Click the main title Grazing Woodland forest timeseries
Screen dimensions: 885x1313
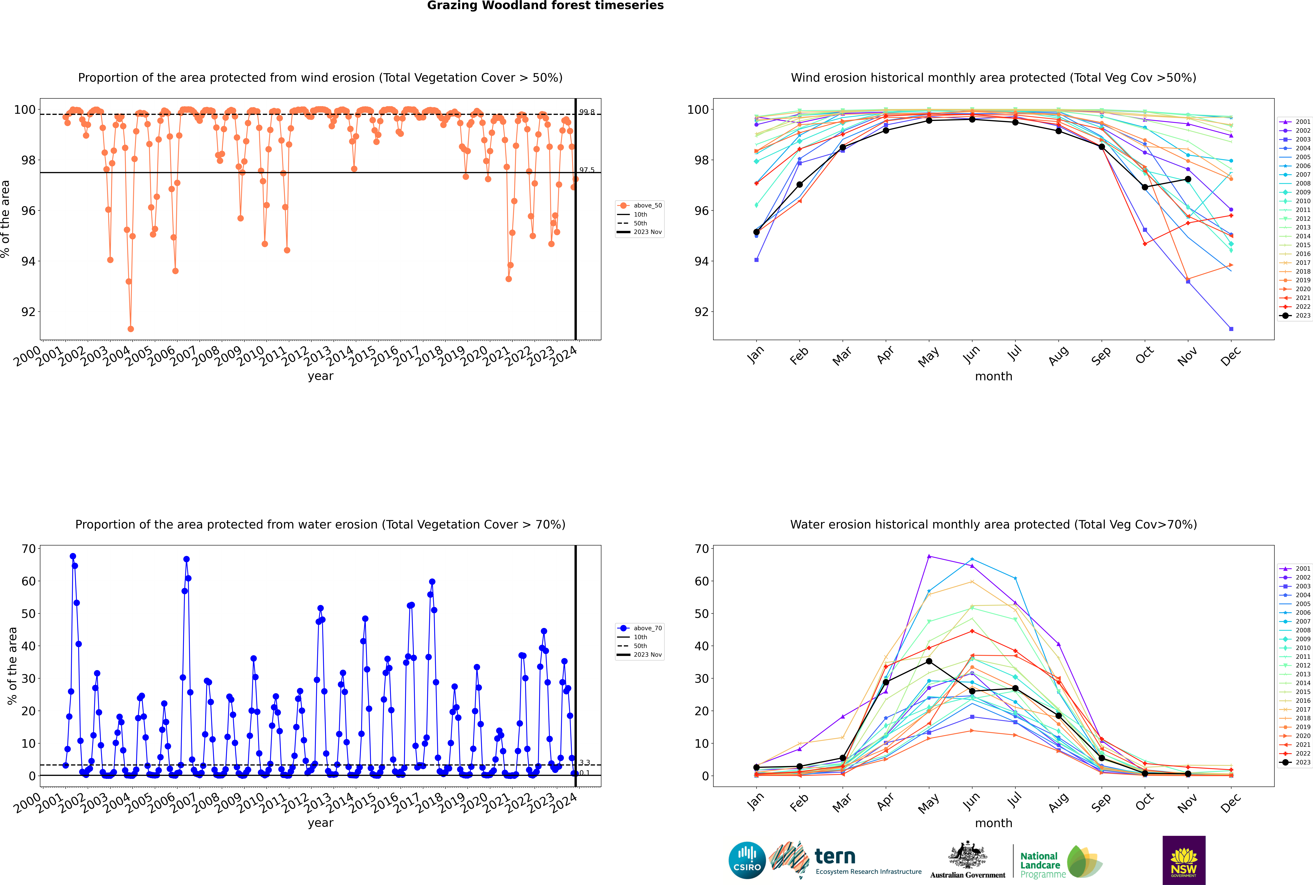point(545,6)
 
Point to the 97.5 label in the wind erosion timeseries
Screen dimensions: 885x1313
point(587,170)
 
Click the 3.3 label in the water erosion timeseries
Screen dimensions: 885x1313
point(584,763)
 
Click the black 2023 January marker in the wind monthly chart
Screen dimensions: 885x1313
point(756,232)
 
